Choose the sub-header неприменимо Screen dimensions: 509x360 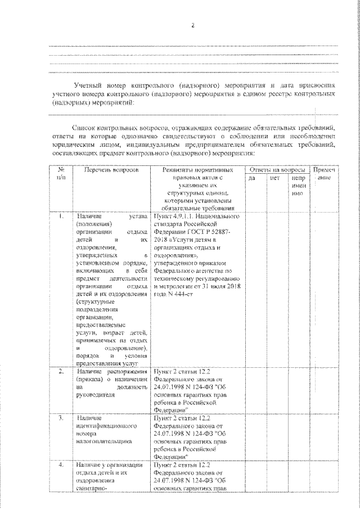pyautogui.click(x=298, y=186)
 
